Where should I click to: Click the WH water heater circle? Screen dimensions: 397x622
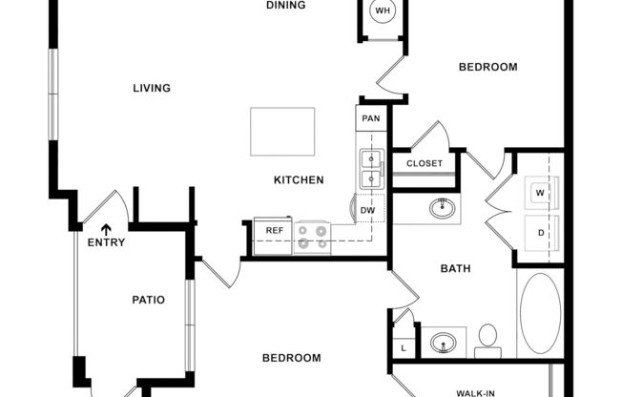pos(383,11)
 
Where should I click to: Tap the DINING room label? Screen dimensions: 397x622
pos(285,6)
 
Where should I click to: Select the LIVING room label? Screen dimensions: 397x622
pos(152,88)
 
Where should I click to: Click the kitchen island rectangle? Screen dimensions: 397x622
pos(282,132)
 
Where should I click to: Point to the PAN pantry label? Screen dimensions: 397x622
pos(370,119)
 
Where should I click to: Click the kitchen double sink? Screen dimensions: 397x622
pos(370,169)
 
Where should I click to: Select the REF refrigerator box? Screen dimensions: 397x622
pos(274,230)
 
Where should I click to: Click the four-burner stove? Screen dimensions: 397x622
pos(313,236)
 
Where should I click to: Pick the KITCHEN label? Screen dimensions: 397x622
pos(299,179)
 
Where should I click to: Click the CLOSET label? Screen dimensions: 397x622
pos(425,163)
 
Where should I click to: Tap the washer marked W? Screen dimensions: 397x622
pos(540,194)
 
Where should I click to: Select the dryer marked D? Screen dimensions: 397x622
pos(540,232)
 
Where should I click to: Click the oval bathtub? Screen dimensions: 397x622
pos(541,315)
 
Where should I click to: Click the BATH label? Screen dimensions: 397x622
pos(455,269)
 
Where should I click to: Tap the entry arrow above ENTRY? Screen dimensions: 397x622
pos(106,229)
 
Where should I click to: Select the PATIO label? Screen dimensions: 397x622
pos(148,300)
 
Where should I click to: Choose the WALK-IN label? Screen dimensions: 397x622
pos(474,391)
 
